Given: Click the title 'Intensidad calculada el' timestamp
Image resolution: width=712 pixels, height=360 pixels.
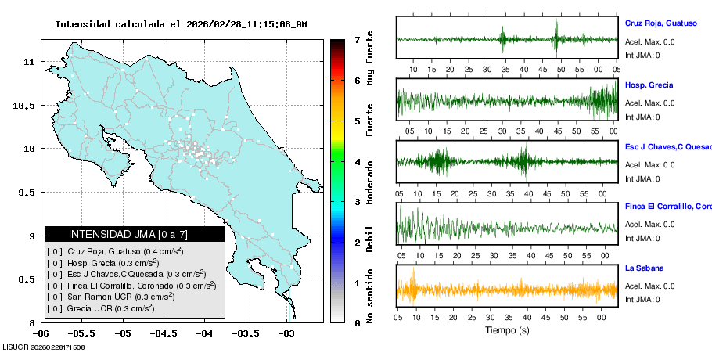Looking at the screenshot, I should pyautogui.click(x=181, y=24).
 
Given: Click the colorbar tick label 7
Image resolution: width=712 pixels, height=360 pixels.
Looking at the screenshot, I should pyautogui.click(x=357, y=39).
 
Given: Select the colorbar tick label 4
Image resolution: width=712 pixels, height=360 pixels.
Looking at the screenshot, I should pyautogui.click(x=357, y=162).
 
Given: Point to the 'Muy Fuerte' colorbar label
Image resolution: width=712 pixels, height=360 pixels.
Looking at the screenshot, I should pyautogui.click(x=370, y=60).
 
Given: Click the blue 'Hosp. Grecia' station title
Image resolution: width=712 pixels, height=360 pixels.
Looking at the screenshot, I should pyautogui.click(x=649, y=85).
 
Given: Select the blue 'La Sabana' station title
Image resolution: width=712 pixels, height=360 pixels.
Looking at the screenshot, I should pyautogui.click(x=645, y=268).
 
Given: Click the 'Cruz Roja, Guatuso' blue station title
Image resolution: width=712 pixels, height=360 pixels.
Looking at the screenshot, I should pyautogui.click(x=661, y=23).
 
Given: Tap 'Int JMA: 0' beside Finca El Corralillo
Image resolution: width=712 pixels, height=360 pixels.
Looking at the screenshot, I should pyautogui.click(x=642, y=239).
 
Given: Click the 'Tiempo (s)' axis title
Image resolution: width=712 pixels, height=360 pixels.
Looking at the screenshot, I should pyautogui.click(x=507, y=330).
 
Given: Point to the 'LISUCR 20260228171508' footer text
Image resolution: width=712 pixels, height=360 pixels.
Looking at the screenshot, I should pyautogui.click(x=44, y=347).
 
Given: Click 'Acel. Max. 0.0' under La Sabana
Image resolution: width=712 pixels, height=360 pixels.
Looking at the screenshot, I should pyautogui.click(x=650, y=286).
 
